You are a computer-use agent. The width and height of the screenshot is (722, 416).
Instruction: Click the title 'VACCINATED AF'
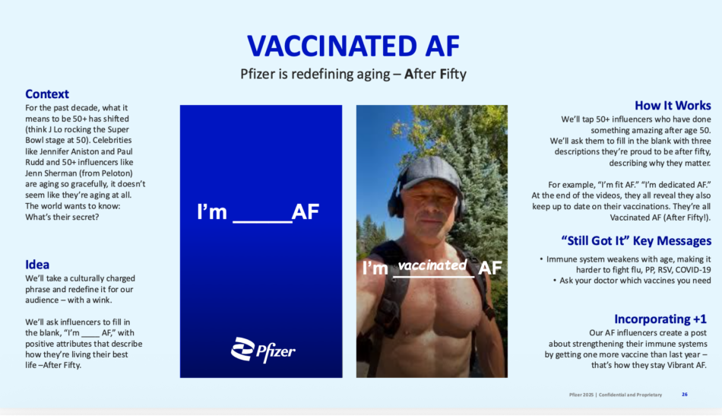coord(353,46)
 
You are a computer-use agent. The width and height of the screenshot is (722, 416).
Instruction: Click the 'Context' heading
coord(47,94)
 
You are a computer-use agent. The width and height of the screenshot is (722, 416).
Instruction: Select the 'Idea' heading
coord(37,265)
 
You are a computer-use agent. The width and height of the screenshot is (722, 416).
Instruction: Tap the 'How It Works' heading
coord(673,106)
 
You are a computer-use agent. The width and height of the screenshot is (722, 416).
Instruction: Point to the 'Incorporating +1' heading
coord(660,319)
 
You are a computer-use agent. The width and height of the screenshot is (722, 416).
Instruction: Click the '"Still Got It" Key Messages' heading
coord(636,241)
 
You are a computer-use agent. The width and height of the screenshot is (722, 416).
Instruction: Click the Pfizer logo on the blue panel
coord(263,350)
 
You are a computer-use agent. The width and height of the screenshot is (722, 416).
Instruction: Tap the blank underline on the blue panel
coord(262,222)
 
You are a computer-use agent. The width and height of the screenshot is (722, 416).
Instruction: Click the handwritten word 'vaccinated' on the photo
coord(432,265)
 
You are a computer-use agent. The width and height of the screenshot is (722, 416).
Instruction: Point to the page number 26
coord(685,395)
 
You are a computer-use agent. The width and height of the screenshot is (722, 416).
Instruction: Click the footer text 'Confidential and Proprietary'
coord(630,395)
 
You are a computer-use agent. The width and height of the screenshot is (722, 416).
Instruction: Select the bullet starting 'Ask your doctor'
coord(632,281)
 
